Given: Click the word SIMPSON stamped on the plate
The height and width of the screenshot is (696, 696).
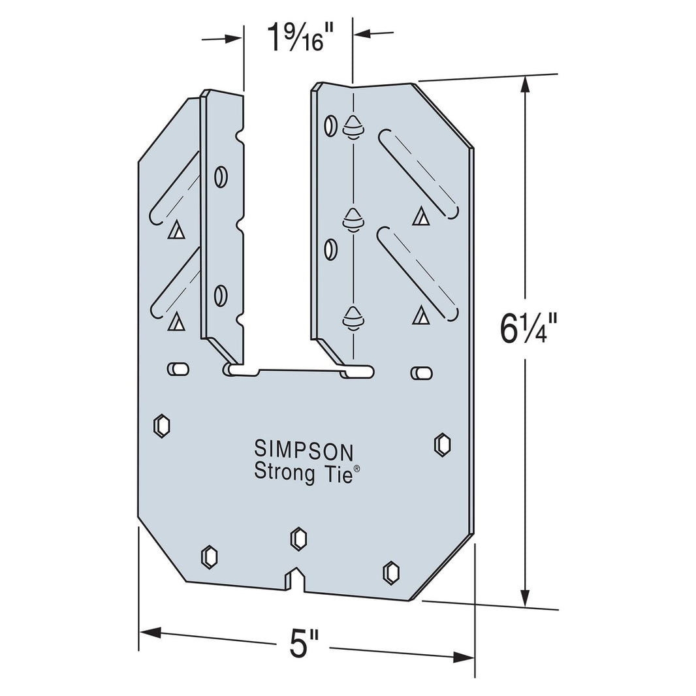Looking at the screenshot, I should coord(304,450).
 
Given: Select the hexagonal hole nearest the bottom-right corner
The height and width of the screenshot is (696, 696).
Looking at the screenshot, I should coord(390,571).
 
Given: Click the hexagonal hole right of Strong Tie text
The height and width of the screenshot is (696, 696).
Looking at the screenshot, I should coord(442,444).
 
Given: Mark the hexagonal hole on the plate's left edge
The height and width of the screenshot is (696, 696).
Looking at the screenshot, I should coord(161,425).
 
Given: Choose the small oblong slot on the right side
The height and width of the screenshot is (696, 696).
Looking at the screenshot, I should coord(421,373).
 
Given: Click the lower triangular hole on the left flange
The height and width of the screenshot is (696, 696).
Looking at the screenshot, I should coord(174,321).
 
